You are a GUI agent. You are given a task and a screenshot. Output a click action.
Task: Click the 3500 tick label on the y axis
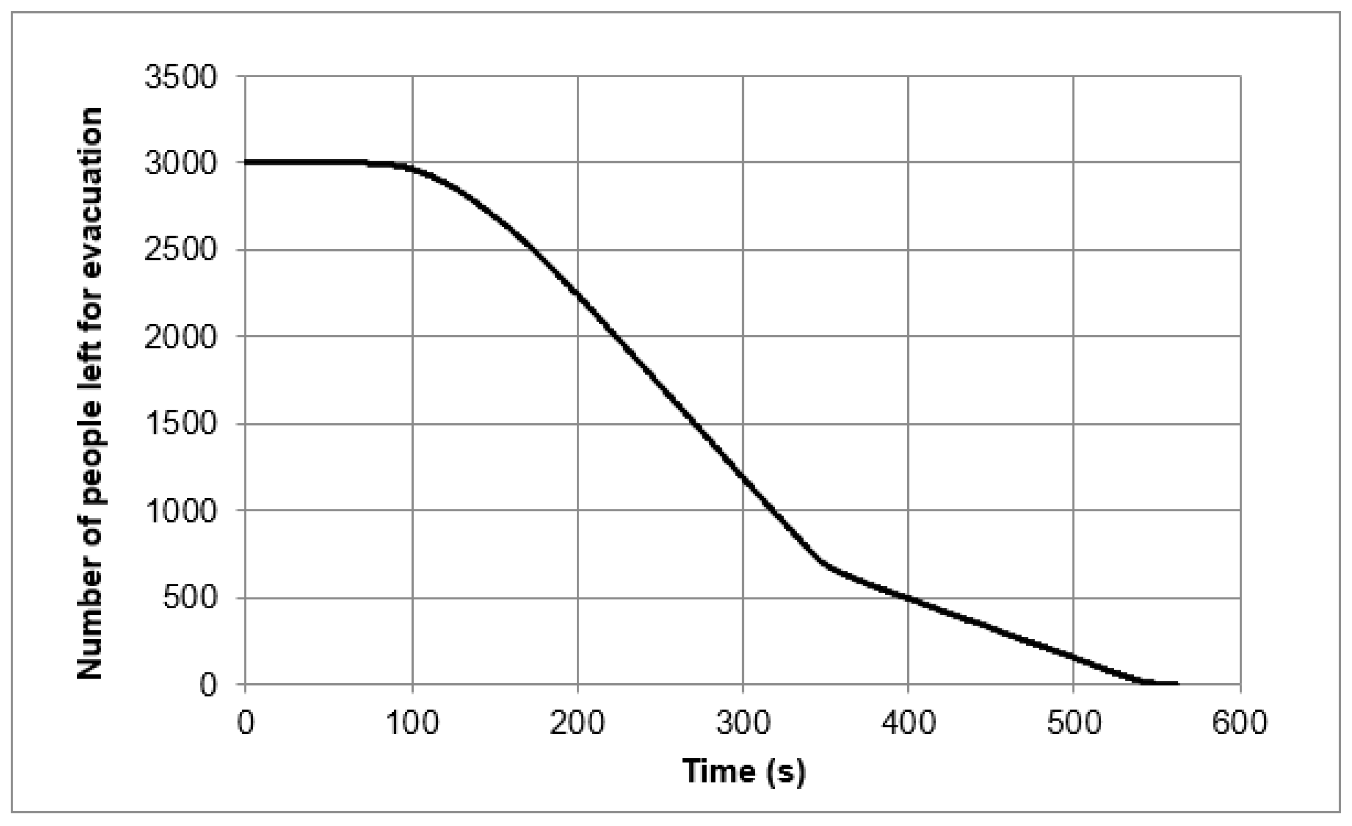181,77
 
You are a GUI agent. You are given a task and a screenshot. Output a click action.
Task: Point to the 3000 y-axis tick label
181,163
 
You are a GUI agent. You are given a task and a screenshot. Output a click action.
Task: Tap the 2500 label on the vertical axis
181,250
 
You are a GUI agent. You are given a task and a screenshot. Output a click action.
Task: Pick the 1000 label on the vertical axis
181,510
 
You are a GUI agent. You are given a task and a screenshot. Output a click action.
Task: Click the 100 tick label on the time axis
412,723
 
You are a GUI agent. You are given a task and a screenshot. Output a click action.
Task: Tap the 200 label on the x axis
577,723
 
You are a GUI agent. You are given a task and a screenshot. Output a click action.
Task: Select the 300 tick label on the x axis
743,723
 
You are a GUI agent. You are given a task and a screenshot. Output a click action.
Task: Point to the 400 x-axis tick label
908,723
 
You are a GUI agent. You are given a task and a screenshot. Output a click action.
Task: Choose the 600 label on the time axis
1240,723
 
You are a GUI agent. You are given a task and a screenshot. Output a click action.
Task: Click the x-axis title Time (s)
743,771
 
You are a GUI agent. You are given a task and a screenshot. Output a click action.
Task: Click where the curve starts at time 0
246,162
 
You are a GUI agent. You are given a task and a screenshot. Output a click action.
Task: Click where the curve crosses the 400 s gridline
908,598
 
